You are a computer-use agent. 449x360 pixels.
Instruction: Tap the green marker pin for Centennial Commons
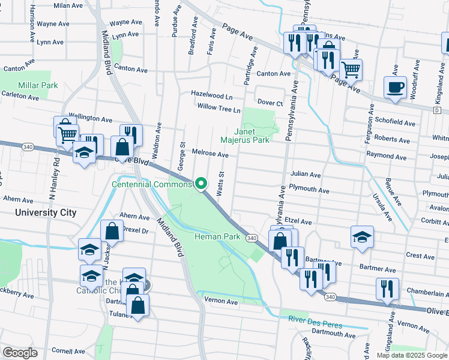point(202,184)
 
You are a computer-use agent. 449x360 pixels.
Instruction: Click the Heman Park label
point(217,237)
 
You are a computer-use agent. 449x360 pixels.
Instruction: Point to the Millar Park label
point(38,85)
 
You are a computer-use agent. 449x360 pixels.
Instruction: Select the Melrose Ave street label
point(210,154)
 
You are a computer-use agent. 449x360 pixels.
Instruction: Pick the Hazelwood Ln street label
point(212,95)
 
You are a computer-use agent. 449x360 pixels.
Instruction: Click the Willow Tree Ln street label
point(219,110)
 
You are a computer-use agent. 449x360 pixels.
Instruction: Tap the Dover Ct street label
point(270,103)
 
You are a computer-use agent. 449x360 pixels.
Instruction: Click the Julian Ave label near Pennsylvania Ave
point(306,174)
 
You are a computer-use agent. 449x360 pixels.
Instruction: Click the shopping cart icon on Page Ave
point(351,70)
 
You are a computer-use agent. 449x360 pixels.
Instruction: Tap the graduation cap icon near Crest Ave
point(362,237)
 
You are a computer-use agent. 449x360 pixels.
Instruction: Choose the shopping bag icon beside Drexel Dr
point(112,230)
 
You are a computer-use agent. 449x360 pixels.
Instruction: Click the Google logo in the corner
point(20,353)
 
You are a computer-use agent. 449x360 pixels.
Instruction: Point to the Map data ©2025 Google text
point(411,355)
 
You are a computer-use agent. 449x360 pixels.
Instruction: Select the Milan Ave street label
point(68,5)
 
